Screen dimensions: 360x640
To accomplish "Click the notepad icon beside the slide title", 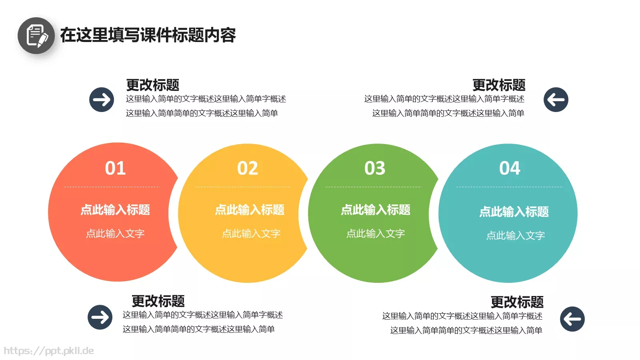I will pyautogui.click(x=36, y=36).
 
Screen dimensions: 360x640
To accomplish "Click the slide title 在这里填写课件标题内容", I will pyautogui.click(x=148, y=35).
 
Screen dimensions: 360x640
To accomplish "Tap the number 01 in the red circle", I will pyautogui.click(x=115, y=168).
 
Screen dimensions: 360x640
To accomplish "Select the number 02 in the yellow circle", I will pyautogui.click(x=248, y=168).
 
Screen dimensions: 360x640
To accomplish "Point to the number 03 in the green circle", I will pyautogui.click(x=375, y=168).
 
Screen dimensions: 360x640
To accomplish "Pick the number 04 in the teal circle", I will pyautogui.click(x=510, y=168).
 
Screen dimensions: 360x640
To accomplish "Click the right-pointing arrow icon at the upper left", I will pyautogui.click(x=102, y=100).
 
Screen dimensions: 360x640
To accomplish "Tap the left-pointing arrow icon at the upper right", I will pyautogui.click(x=556, y=100).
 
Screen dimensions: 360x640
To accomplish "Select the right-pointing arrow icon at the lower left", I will pyautogui.click(x=100, y=317).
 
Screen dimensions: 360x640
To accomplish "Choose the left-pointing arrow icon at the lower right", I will pyautogui.click(x=572, y=319).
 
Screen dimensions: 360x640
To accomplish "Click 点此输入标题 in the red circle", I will pyautogui.click(x=115, y=210).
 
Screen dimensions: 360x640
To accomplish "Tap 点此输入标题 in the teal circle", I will pyautogui.click(x=514, y=212).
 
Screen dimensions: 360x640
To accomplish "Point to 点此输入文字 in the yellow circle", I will pyautogui.click(x=251, y=234).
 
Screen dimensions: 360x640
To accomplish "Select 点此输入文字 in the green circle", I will pyautogui.click(x=376, y=234).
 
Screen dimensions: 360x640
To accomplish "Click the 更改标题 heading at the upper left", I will pyautogui.click(x=153, y=85).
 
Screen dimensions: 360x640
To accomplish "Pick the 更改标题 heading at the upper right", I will pyautogui.click(x=499, y=85).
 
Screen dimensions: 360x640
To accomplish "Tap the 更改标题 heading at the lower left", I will pyautogui.click(x=158, y=301).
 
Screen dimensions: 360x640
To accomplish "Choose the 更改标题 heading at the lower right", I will pyautogui.click(x=517, y=302).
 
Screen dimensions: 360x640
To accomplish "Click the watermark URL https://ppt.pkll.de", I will pyautogui.click(x=49, y=351).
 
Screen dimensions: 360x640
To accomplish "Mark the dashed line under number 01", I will pyautogui.click(x=111, y=187).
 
